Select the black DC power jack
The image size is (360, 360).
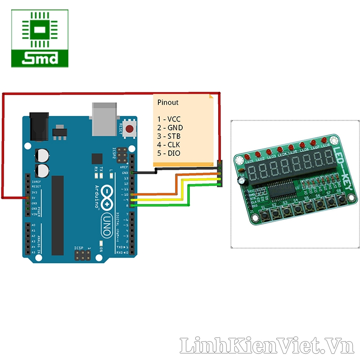point(39,126)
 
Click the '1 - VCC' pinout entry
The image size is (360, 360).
point(169,119)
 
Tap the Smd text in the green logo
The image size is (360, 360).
point(40,58)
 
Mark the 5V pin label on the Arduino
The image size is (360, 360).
point(33,198)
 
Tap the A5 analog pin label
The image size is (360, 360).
point(33,252)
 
